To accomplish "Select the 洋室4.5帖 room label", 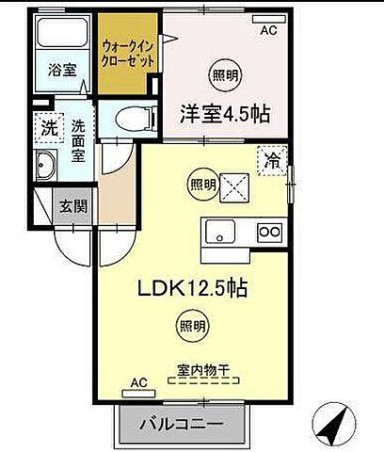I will pyautogui.click(x=225, y=114).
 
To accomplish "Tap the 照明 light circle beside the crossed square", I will pyautogui.click(x=200, y=185).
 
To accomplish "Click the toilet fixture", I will pyautogui.click(x=123, y=119).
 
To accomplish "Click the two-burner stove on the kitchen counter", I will pyautogui.click(x=270, y=233).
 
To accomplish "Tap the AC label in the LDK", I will pyautogui.click(x=139, y=382).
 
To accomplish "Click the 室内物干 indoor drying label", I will pyautogui.click(x=204, y=369).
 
